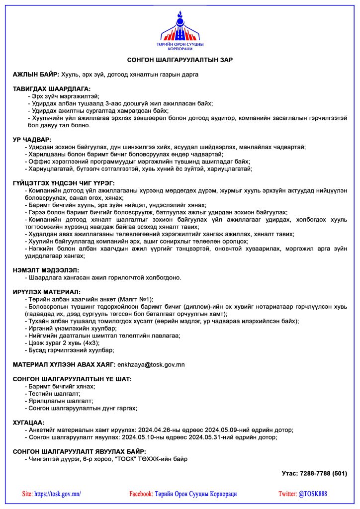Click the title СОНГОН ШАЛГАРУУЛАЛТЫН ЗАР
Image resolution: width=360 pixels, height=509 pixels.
click(x=180, y=60)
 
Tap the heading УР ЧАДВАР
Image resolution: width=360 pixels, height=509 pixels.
click(x=32, y=140)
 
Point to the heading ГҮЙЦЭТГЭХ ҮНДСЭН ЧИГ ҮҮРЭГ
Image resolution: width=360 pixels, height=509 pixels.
click(x=64, y=183)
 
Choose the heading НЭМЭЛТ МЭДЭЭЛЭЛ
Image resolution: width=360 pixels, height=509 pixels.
click(x=46, y=270)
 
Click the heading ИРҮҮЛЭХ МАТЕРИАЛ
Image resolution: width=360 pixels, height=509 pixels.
click(x=46, y=292)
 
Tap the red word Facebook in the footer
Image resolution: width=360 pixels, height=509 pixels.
click(x=141, y=494)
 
